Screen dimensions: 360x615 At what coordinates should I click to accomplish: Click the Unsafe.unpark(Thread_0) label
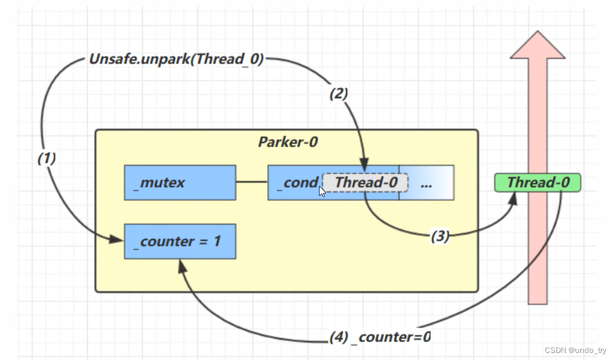point(176,59)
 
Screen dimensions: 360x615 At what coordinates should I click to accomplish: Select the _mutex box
point(179,182)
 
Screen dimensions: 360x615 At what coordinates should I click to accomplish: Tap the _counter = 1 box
point(179,241)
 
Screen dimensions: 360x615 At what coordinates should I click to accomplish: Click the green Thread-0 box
point(537,182)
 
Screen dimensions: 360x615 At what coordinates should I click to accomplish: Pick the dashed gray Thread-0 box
point(365,182)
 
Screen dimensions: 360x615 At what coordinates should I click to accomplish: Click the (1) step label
point(46,158)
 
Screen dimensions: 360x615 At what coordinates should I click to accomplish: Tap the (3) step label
point(440,236)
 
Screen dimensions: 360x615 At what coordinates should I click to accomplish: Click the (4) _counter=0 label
point(380,337)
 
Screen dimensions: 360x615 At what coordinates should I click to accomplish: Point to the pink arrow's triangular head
point(537,46)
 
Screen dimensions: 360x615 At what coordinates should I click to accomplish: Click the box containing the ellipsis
point(427,182)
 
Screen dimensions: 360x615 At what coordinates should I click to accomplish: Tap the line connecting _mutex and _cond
point(251,182)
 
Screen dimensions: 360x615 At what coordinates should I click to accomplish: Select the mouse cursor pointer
point(322,191)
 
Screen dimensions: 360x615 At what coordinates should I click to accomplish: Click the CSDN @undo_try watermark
point(575,350)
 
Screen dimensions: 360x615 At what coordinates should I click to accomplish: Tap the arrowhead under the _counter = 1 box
point(182,266)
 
